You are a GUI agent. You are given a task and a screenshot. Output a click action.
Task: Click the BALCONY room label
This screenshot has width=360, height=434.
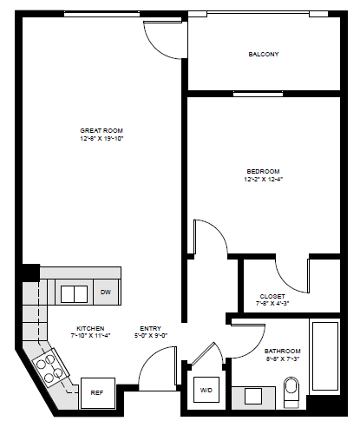(x=263, y=54)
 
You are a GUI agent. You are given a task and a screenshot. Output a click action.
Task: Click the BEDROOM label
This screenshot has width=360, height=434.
(x=262, y=171)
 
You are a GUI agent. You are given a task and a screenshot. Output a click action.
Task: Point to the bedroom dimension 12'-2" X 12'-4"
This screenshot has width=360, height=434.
(x=262, y=180)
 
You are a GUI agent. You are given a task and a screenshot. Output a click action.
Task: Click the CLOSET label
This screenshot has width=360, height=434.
(x=272, y=296)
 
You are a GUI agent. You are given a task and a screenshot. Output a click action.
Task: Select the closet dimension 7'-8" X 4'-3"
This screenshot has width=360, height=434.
(x=272, y=304)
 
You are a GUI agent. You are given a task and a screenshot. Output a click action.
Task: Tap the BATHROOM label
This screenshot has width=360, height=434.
(x=283, y=352)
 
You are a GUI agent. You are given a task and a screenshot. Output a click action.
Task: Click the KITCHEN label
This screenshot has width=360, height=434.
(x=90, y=329)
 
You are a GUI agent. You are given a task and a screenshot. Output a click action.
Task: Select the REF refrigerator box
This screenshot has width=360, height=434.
(x=98, y=392)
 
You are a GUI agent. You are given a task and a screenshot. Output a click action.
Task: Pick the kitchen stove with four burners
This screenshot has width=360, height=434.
(x=49, y=367)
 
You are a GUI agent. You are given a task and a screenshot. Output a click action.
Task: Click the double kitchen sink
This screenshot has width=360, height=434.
(x=73, y=293)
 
